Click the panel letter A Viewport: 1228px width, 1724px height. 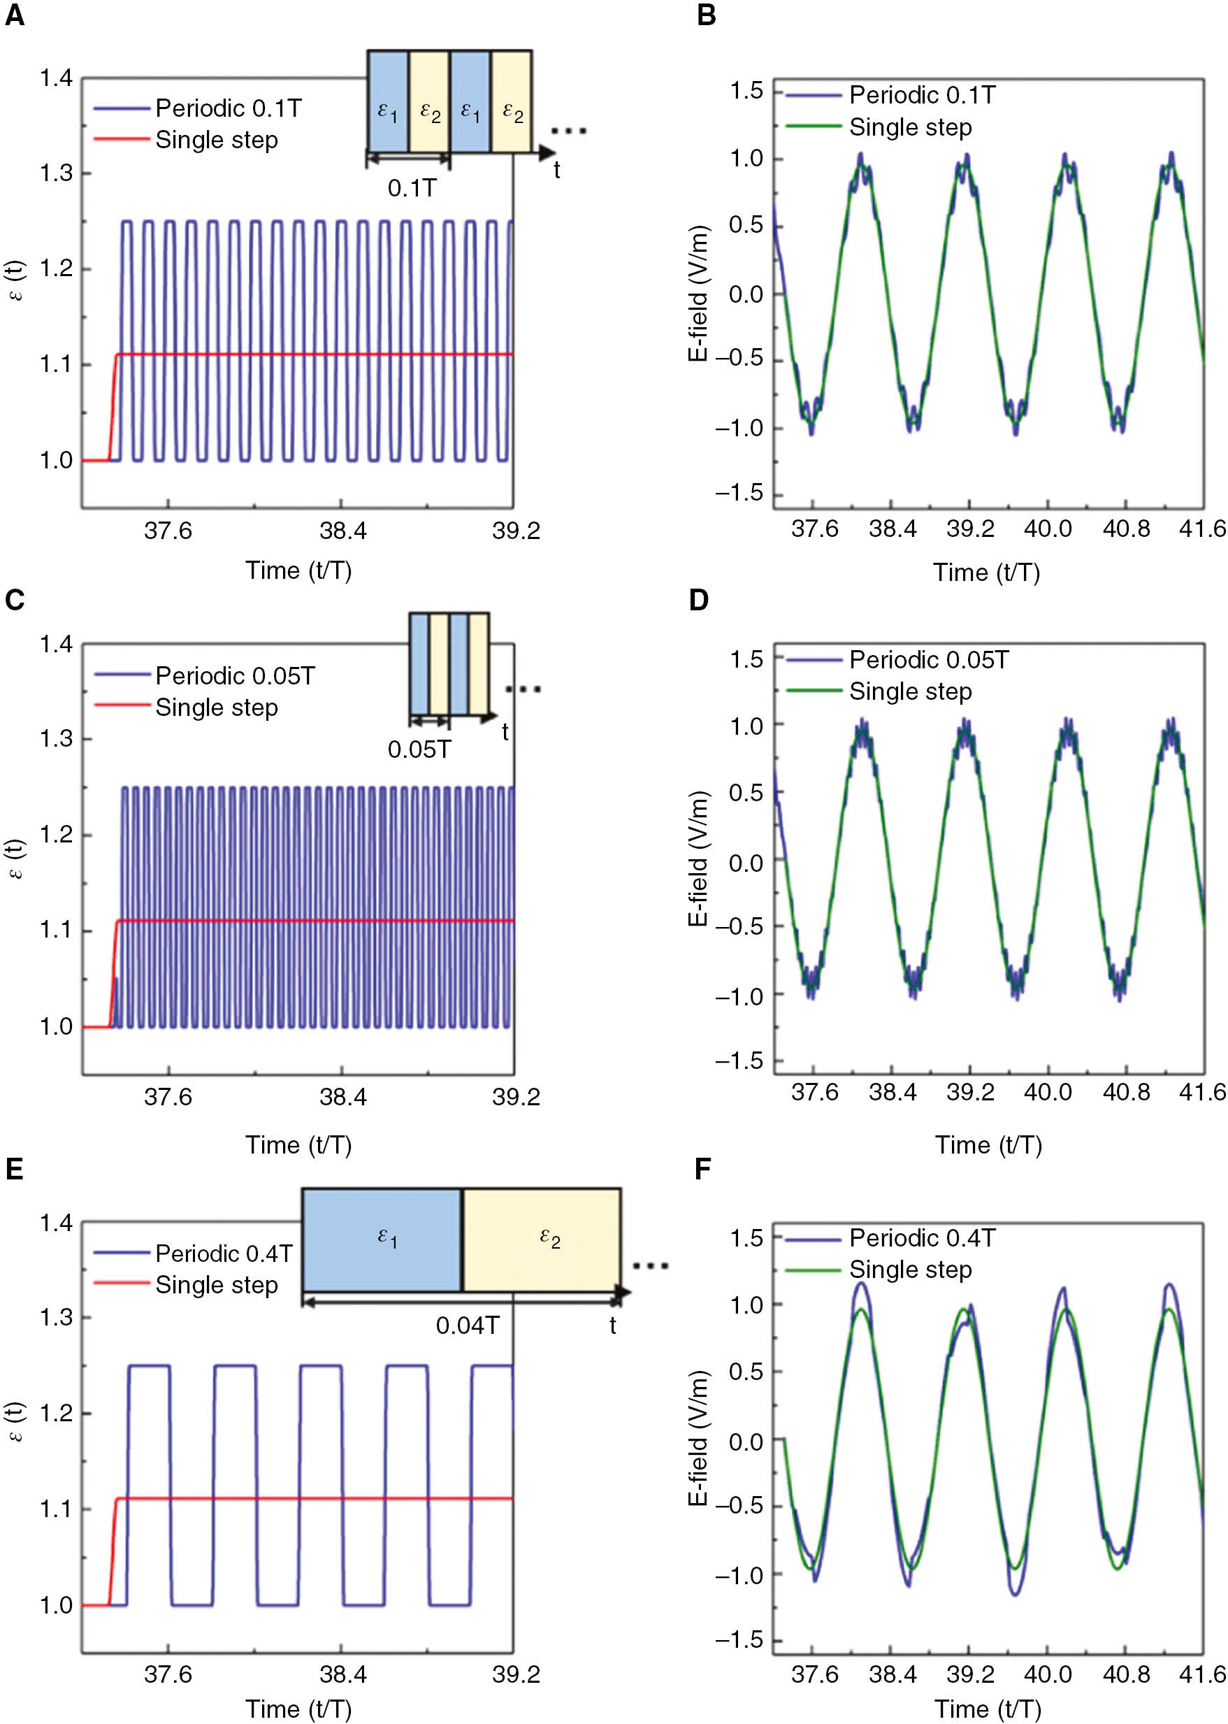[15, 16]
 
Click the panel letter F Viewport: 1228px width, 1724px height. [703, 1170]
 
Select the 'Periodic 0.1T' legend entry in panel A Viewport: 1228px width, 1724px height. [228, 109]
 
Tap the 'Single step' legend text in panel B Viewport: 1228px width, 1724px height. [910, 128]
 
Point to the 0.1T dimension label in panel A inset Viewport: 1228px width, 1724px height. [412, 187]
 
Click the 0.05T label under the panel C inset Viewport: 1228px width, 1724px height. [419, 749]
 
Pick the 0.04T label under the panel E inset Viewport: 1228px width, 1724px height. [468, 1325]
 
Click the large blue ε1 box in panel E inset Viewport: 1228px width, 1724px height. [382, 1239]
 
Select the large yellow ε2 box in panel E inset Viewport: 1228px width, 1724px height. [542, 1239]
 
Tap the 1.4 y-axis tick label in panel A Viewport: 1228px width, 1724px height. [56, 78]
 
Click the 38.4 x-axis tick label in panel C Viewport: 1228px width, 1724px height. [342, 1096]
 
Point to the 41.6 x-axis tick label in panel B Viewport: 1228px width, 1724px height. [1202, 529]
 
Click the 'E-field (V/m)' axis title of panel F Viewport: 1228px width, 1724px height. [698, 1437]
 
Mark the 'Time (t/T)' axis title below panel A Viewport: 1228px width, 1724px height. [298, 570]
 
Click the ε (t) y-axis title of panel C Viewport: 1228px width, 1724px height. [16, 859]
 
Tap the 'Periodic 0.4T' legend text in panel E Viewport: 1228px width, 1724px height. [223, 1254]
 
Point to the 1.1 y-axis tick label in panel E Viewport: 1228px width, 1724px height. [56, 1509]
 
